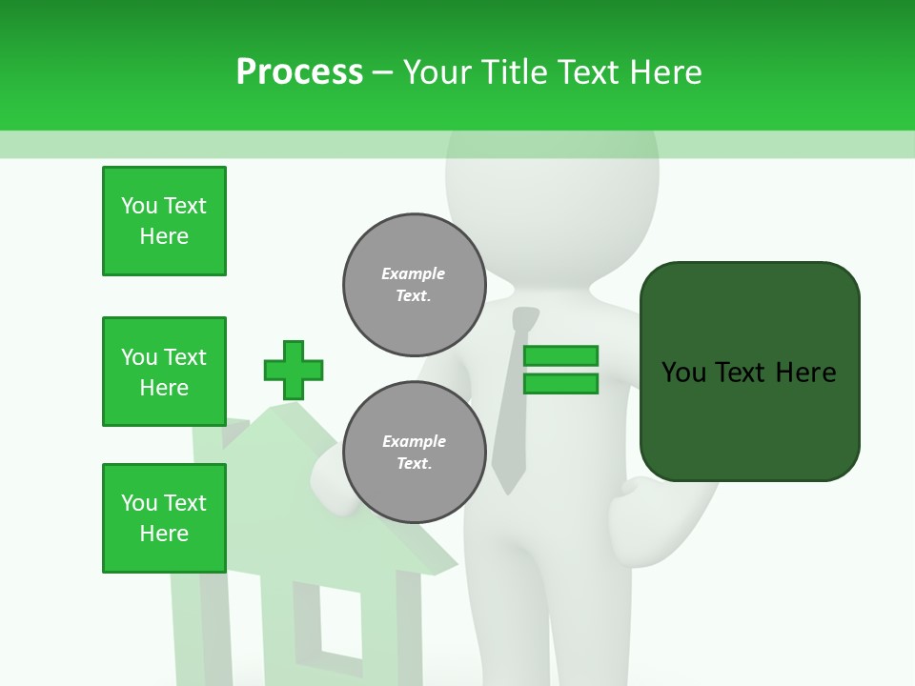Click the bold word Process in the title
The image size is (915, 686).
[x=299, y=72]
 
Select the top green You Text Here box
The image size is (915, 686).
[x=164, y=221]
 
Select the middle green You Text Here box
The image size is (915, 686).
[x=164, y=372]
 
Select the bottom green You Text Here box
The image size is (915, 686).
[x=164, y=518]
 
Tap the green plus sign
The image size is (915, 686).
[x=294, y=370]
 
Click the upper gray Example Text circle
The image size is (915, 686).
[x=415, y=285]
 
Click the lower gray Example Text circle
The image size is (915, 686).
[x=415, y=453]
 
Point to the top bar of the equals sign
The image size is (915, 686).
[x=560, y=355]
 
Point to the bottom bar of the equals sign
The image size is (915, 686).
[x=560, y=384]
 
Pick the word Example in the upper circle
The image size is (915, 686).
[x=414, y=273]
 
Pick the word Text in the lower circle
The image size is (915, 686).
[x=414, y=464]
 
